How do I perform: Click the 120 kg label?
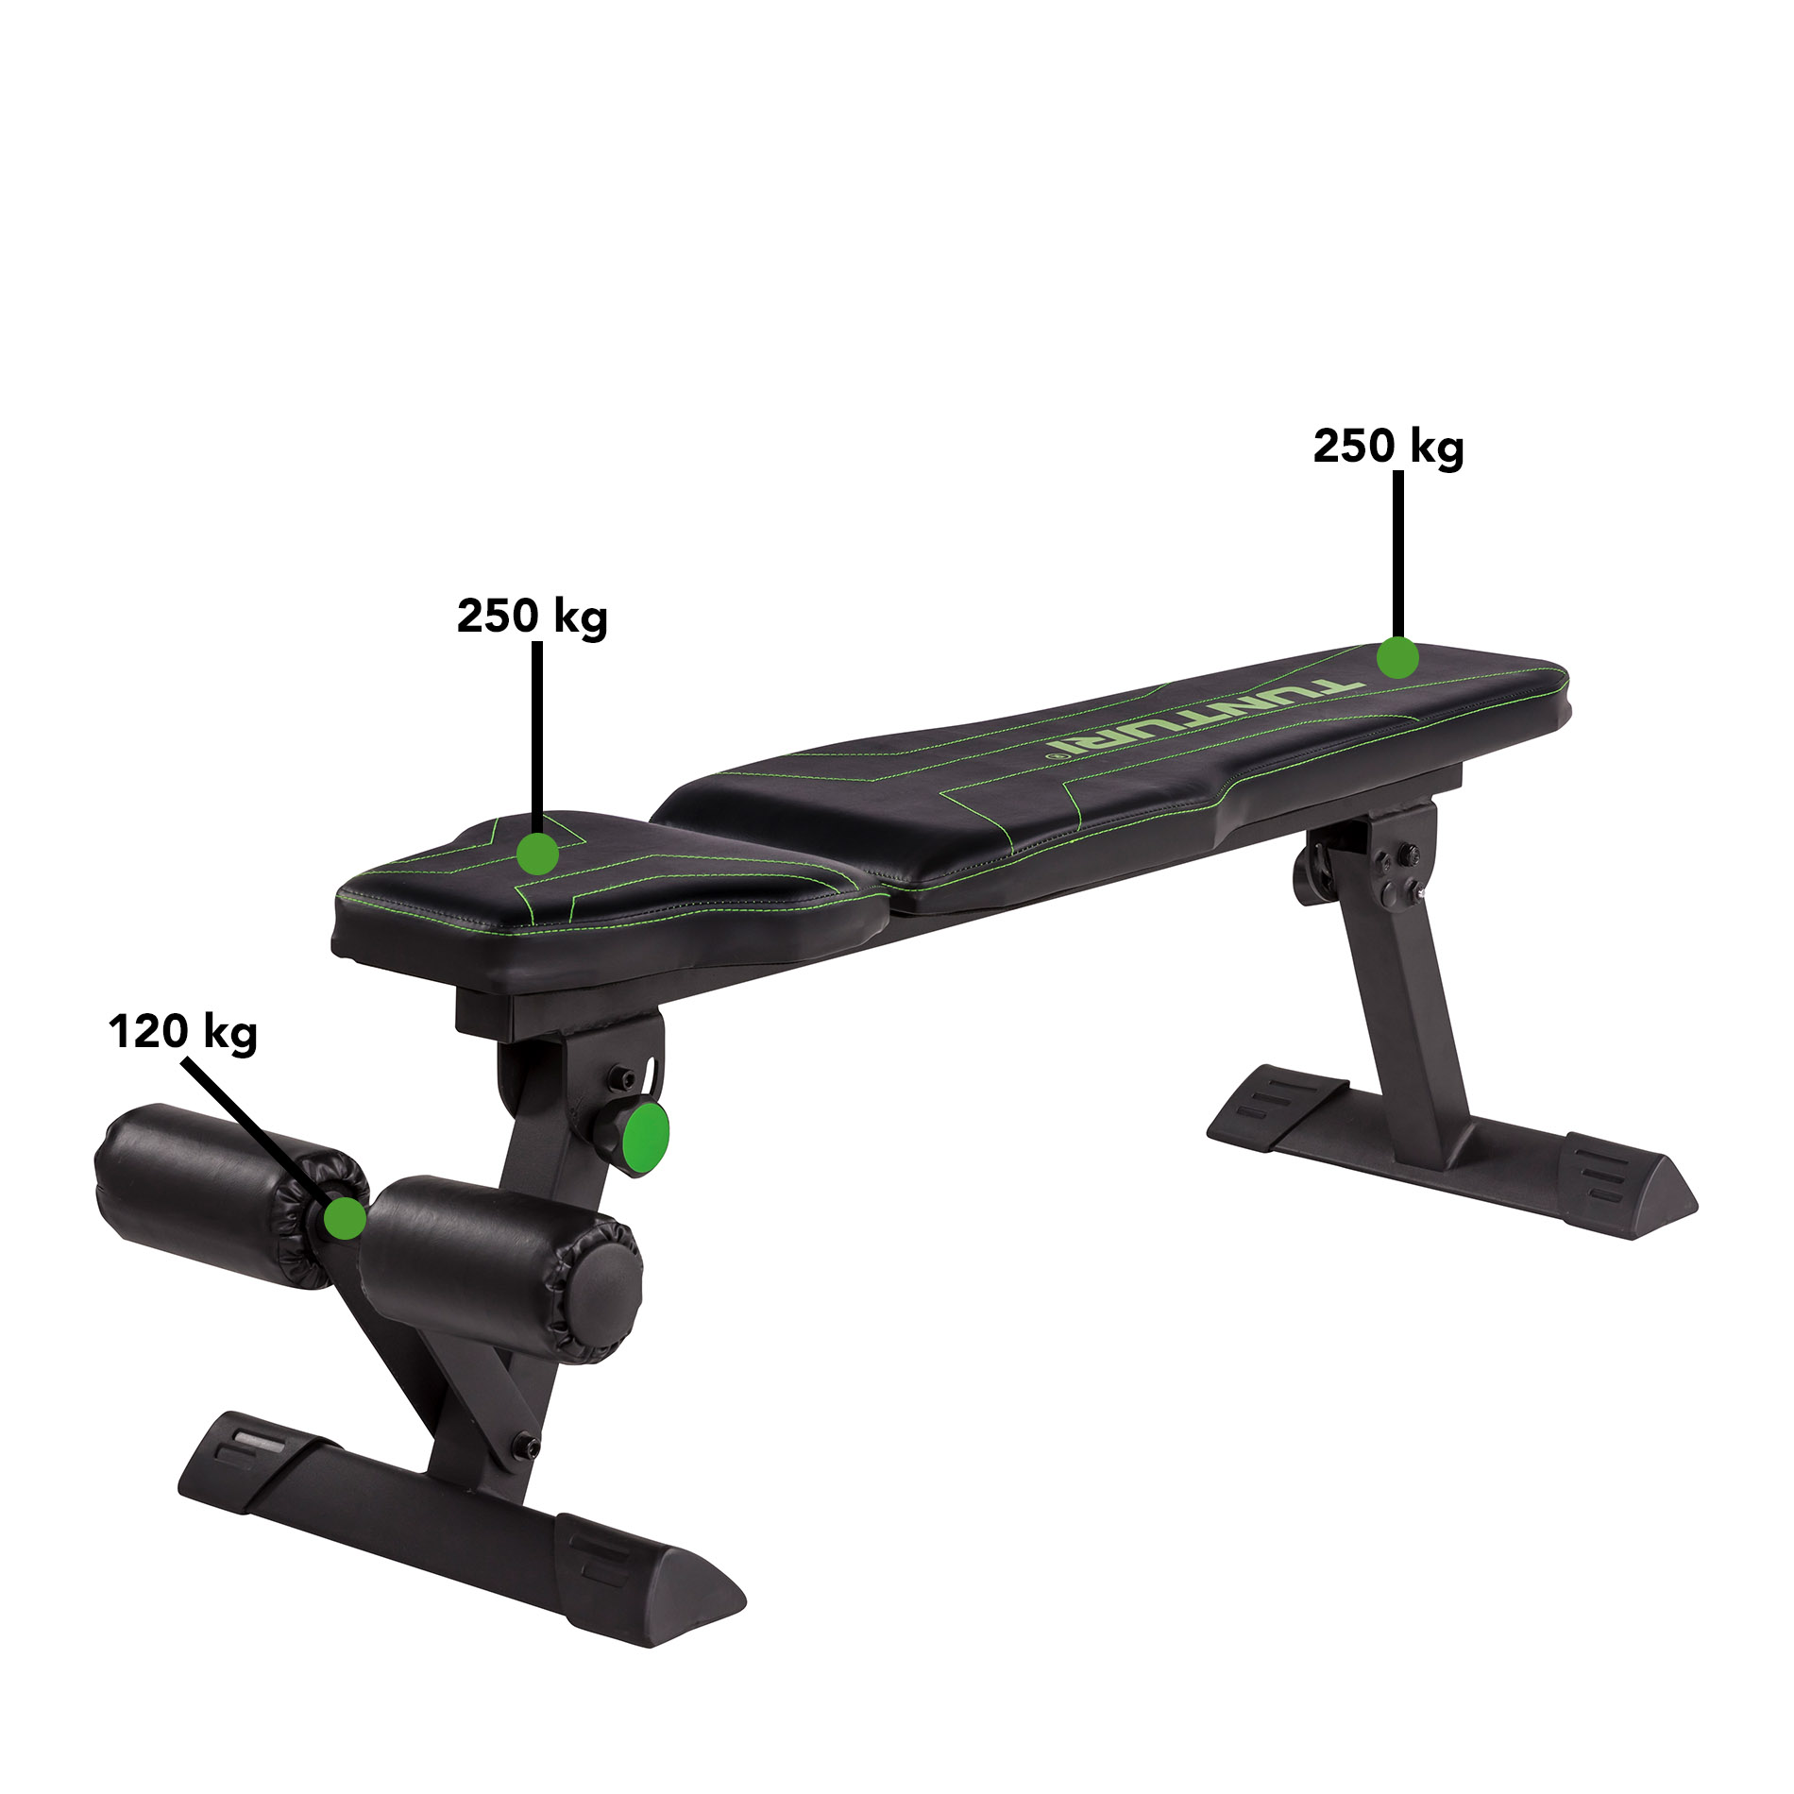[182, 1032]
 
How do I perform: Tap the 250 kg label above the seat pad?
[532, 617]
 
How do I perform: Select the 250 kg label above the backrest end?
[1388, 447]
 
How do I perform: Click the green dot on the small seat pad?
[538, 854]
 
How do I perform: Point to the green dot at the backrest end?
[1397, 658]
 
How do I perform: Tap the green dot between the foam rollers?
[345, 1218]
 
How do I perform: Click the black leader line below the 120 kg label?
[255, 1128]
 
